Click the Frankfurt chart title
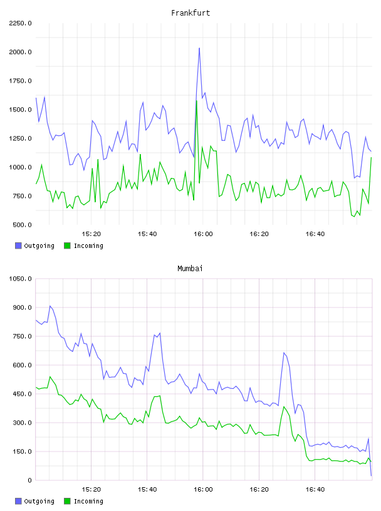point(190,13)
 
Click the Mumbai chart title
point(190,269)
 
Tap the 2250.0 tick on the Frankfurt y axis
point(20,23)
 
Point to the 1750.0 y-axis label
point(20,81)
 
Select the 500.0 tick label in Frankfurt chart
point(22,225)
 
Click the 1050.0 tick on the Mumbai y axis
point(20,279)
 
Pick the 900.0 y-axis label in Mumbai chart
point(22,307)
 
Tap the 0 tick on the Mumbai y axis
point(29,480)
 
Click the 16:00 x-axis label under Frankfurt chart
point(203,234)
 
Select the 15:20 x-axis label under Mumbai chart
point(91,490)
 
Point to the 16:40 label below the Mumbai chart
point(315,490)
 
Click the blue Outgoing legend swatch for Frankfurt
point(18,245)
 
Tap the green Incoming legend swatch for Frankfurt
point(67,245)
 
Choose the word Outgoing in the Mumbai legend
point(39,501)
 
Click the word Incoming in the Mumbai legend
point(88,501)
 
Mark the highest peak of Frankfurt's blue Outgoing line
point(199,48)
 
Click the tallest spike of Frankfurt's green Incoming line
point(196,101)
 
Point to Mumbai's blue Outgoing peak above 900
point(50,306)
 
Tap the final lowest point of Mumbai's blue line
point(371,476)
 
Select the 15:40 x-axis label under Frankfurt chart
point(147,234)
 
